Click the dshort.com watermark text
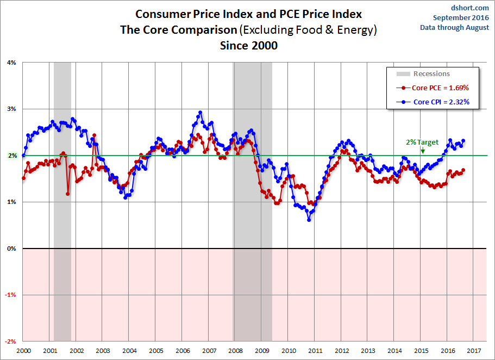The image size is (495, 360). pyautogui.click(x=470, y=8)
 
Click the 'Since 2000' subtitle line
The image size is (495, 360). pyautogui.click(x=249, y=46)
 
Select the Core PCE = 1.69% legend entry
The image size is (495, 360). pyautogui.click(x=433, y=88)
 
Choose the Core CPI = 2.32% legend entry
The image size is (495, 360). pyautogui.click(x=433, y=102)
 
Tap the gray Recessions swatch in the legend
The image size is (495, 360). pyautogui.click(x=403, y=73)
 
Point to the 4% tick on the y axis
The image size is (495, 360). pyautogui.click(x=11, y=63)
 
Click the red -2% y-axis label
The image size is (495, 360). pyautogui.click(x=10, y=342)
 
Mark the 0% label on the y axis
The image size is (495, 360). pyautogui.click(x=11, y=249)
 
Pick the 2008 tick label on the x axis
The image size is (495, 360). pyautogui.click(x=235, y=351)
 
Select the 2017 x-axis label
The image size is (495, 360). pyautogui.click(x=474, y=351)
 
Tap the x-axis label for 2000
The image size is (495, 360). pyautogui.click(x=24, y=351)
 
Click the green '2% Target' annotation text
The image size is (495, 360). pyautogui.click(x=422, y=142)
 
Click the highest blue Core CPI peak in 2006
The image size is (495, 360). pyautogui.click(x=200, y=112)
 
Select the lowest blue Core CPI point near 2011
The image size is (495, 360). pyautogui.click(x=309, y=220)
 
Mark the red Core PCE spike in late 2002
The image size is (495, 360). pyautogui.click(x=94, y=135)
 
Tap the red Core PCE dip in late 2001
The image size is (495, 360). pyautogui.click(x=67, y=194)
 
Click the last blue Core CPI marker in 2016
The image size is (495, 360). pyautogui.click(x=463, y=141)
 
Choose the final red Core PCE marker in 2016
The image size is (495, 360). pyautogui.click(x=463, y=170)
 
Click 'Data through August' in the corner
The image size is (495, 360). pyautogui.click(x=454, y=28)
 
